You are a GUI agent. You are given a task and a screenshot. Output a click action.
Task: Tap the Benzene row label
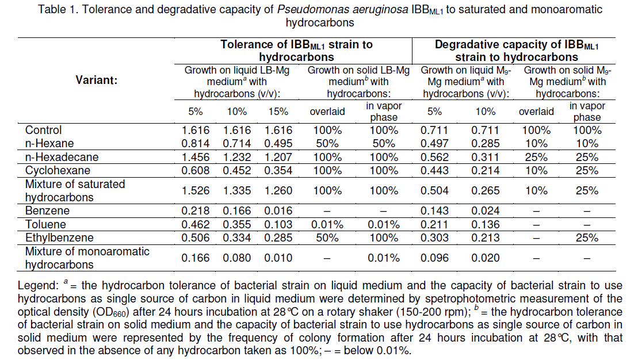coord(41,211)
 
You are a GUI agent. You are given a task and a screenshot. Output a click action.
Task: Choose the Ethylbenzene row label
coord(51,238)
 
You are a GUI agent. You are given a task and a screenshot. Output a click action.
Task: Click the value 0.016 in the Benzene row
coord(278,211)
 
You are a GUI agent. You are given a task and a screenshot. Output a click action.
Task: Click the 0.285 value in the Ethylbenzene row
coord(278,238)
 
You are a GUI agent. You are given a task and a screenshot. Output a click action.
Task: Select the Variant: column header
coord(96,80)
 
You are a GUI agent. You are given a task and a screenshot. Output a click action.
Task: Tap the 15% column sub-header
coord(278,112)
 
